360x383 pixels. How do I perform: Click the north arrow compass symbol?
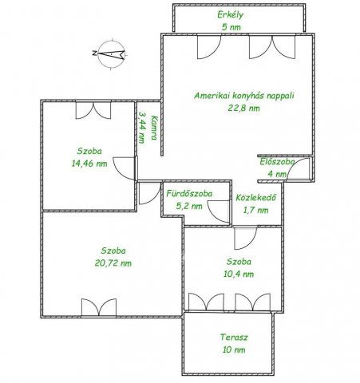click(x=110, y=54)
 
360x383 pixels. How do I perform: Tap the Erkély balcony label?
click(x=231, y=15)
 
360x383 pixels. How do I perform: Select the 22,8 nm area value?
click(x=243, y=108)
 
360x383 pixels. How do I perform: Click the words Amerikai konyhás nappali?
click(x=244, y=96)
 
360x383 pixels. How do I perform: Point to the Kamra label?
click(x=154, y=128)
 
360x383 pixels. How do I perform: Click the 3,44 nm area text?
click(x=143, y=128)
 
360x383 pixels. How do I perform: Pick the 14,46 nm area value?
click(x=89, y=164)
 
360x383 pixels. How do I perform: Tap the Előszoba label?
click(x=277, y=162)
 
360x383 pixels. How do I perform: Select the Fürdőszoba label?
click(x=189, y=194)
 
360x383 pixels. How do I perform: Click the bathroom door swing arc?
click(x=218, y=211)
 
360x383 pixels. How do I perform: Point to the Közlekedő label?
click(x=255, y=198)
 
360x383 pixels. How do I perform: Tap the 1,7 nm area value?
click(x=255, y=210)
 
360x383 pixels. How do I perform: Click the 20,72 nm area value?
click(x=113, y=263)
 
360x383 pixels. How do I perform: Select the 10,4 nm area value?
click(x=239, y=274)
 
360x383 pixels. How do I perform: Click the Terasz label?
click(x=234, y=338)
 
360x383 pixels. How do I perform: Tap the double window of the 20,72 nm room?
click(x=99, y=307)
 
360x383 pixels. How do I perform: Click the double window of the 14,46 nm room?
click(x=93, y=110)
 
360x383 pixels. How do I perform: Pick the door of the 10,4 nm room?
click(x=246, y=238)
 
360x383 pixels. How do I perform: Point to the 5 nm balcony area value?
click(x=231, y=27)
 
